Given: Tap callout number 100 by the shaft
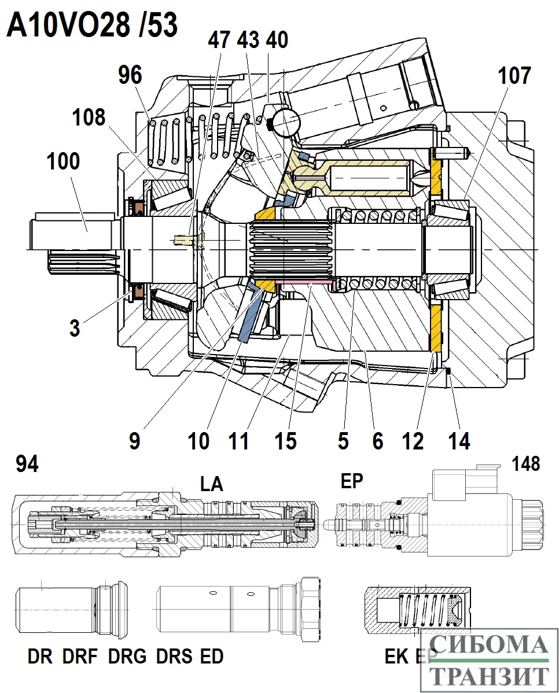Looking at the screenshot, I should (x=63, y=161).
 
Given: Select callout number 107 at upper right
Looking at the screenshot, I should (x=512, y=76).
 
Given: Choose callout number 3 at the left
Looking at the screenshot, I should (x=74, y=328).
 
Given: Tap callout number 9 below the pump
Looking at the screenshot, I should (x=134, y=441).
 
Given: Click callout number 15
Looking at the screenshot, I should (x=286, y=441).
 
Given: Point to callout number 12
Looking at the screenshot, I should (x=413, y=441).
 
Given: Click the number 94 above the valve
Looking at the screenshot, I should (x=28, y=463).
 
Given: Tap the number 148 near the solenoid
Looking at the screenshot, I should (x=525, y=463).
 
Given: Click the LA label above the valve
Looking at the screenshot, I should (x=211, y=483).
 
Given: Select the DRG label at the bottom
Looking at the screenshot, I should (x=127, y=657).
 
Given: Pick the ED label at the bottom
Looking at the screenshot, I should (x=211, y=657).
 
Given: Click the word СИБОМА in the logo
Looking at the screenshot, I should (x=490, y=646).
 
